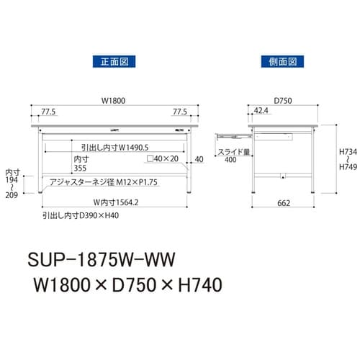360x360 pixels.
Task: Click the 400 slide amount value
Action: [230, 161]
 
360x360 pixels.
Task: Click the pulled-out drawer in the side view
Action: [233, 134]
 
